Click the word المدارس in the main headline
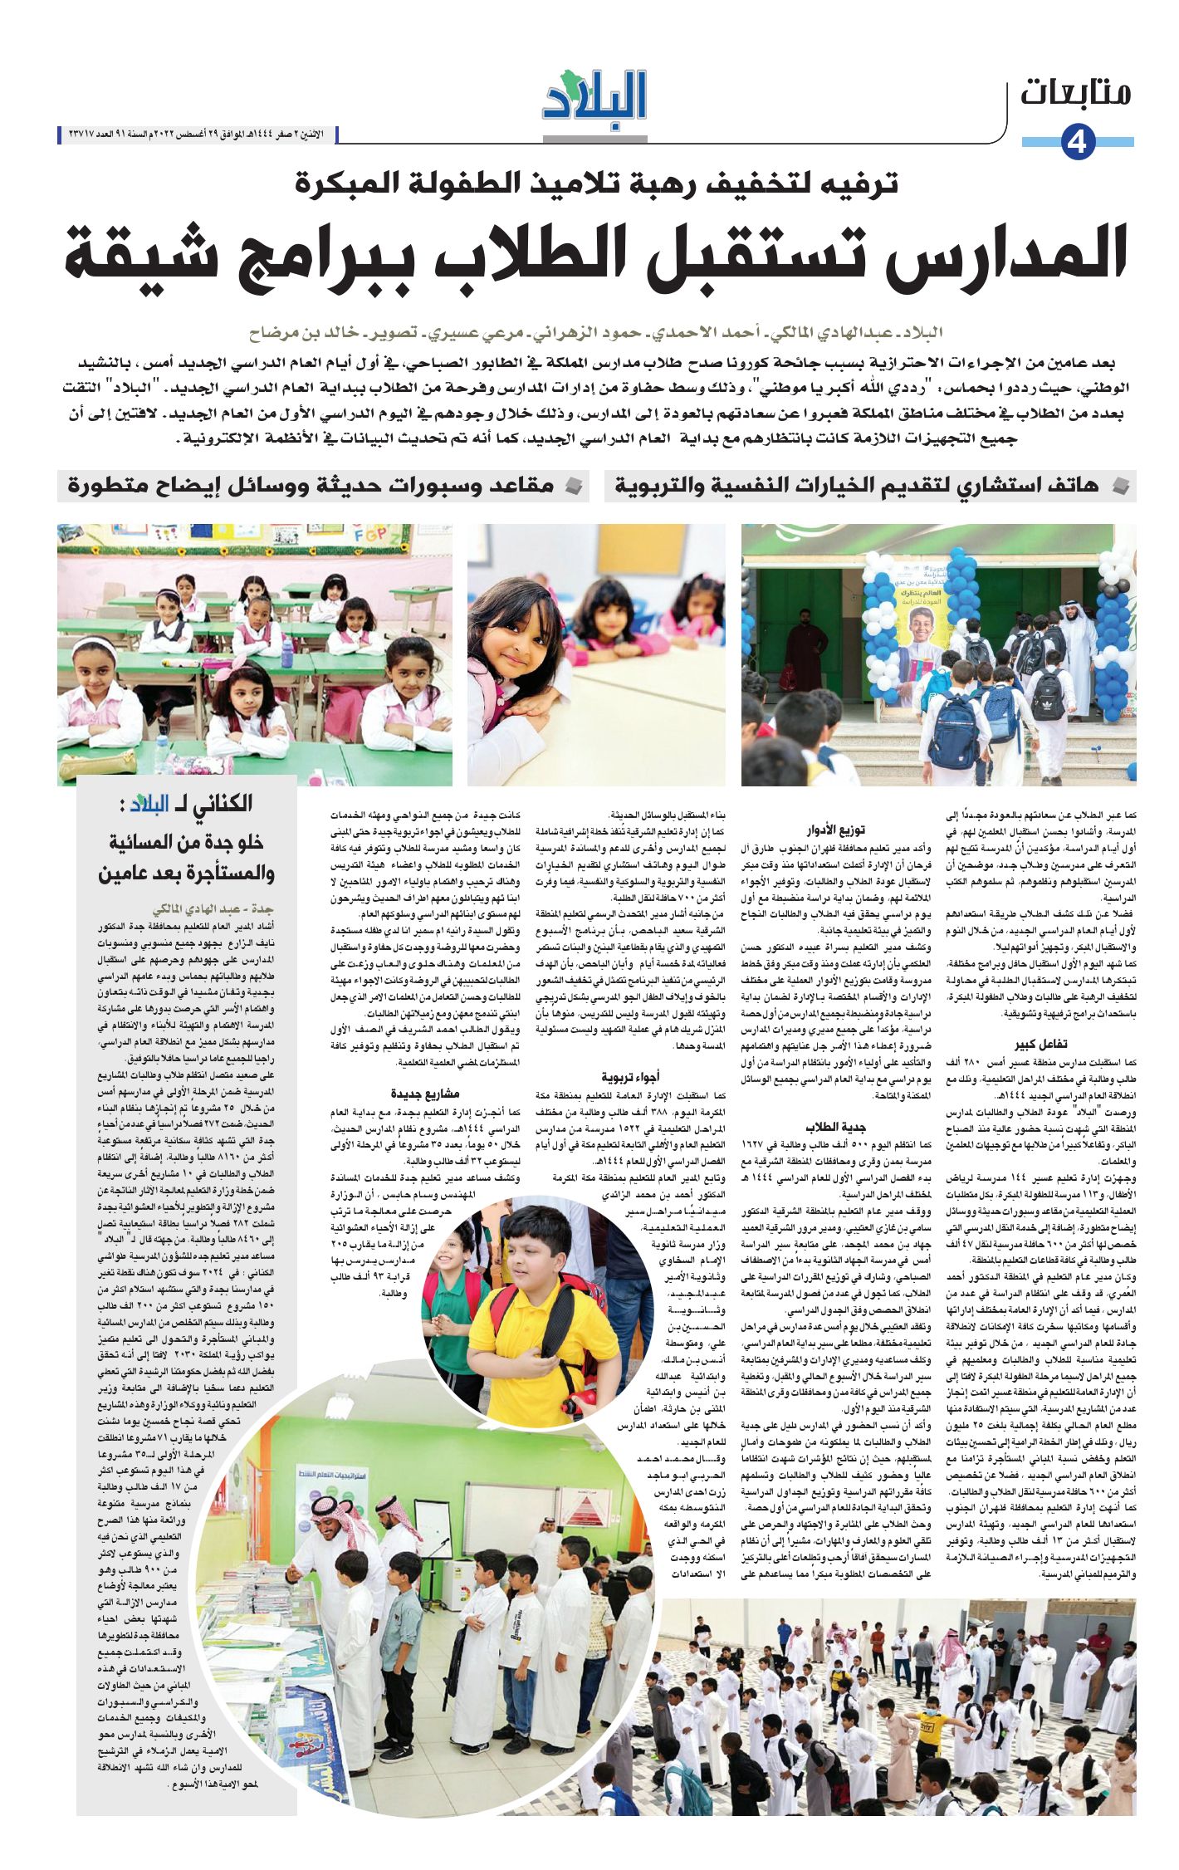point(1022,252)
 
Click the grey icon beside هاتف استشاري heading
point(1121,486)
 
